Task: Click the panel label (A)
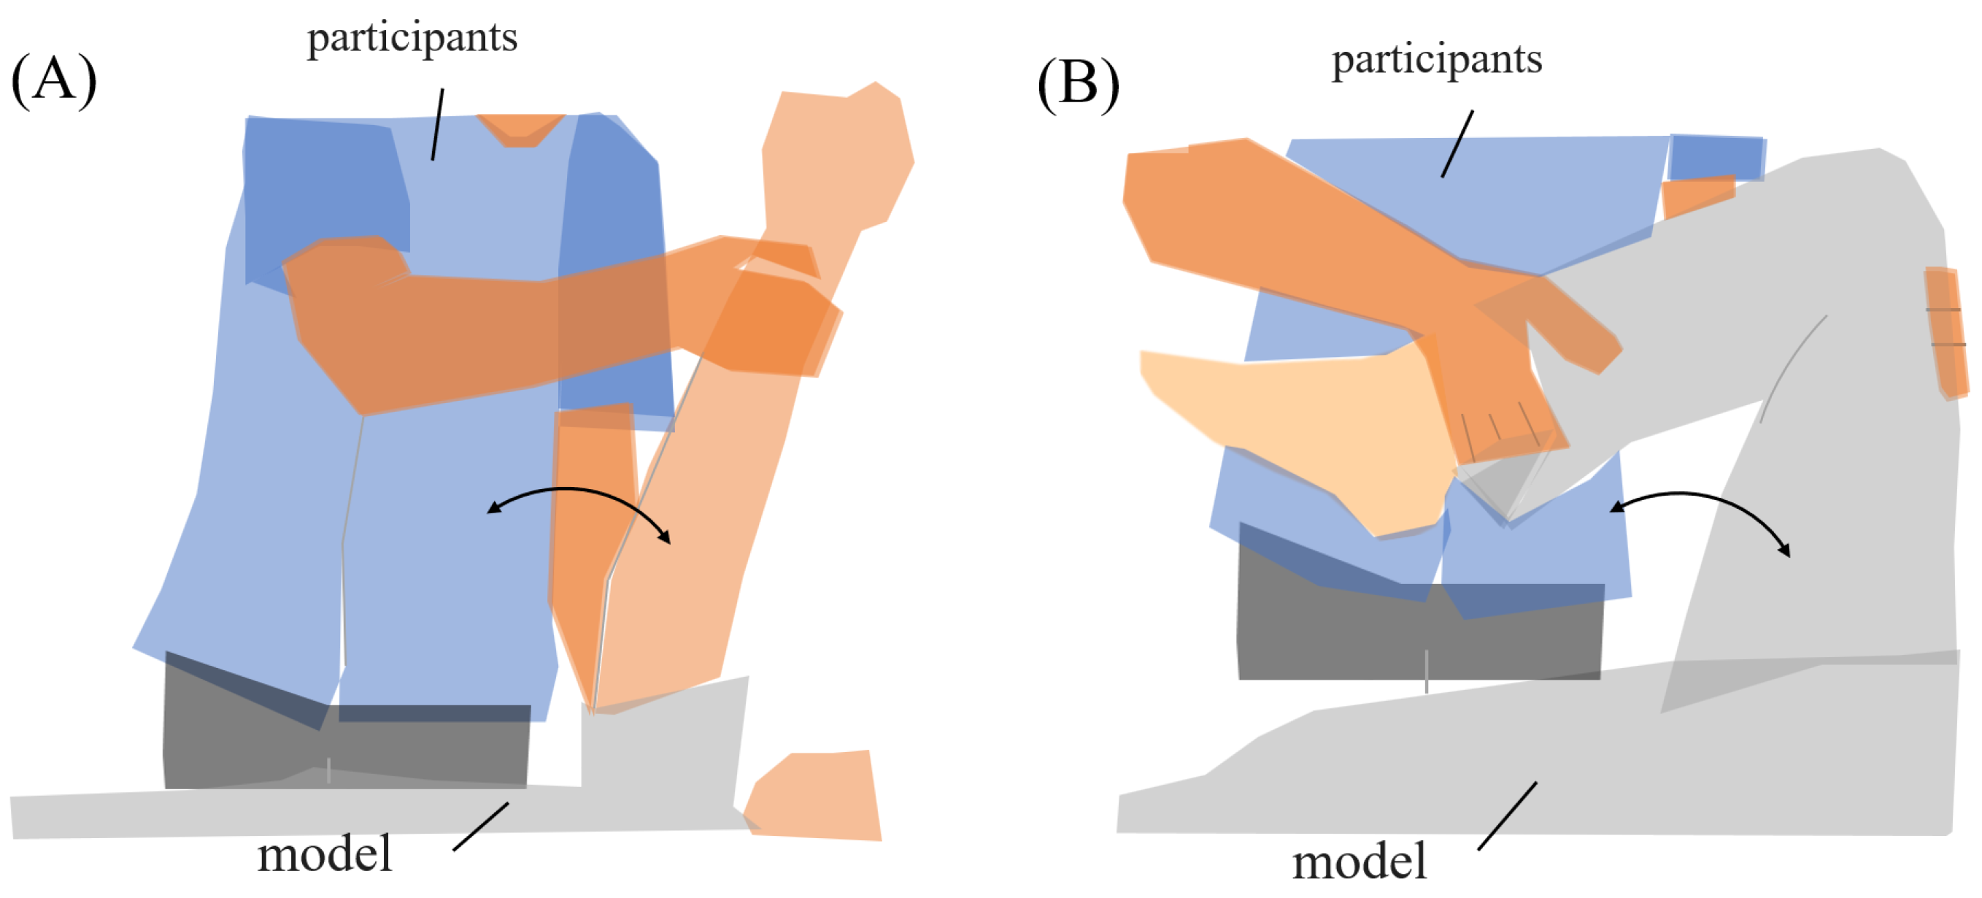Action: pos(54,80)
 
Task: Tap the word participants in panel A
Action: pos(412,39)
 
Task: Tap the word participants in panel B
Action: pos(1436,60)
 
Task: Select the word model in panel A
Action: pos(325,854)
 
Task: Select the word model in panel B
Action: pos(1359,861)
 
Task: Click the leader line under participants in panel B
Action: pos(1457,144)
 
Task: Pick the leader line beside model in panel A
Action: pos(481,826)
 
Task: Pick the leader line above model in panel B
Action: pos(1507,816)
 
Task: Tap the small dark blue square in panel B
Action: pos(1716,158)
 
